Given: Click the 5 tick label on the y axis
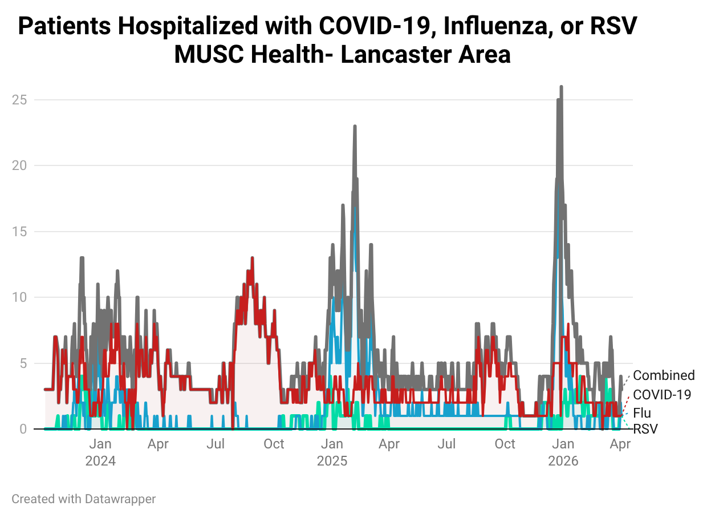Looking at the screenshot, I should coord(23,363).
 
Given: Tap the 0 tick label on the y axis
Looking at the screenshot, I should coord(23,429).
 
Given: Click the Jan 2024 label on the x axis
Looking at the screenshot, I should coord(100,452).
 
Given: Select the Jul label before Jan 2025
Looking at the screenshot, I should coord(216,444).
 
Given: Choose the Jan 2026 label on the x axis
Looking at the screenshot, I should coord(563,452).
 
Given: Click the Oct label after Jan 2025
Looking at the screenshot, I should coord(505,444).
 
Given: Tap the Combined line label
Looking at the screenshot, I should coord(664,375).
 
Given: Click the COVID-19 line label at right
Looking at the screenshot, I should coord(662,394).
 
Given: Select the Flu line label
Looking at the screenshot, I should coord(642,413).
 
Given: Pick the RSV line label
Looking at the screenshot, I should coord(645,428).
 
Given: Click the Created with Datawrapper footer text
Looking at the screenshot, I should coord(84,499).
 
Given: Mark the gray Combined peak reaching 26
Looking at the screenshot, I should coord(561,87).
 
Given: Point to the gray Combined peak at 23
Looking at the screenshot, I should coord(355,127).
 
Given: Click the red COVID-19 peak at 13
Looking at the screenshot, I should coord(251,258).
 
